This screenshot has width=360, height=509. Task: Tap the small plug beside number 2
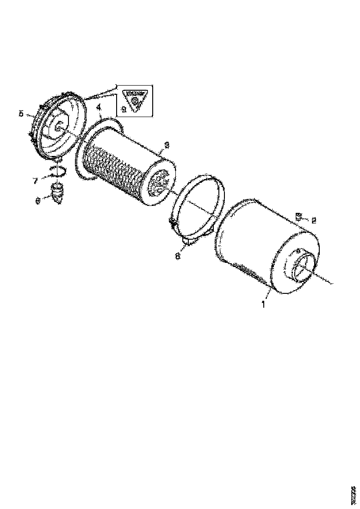tap(298, 216)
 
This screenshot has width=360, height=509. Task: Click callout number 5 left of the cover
tap(21, 113)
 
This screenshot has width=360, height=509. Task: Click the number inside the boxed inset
tap(123, 110)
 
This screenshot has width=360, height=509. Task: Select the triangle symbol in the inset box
tap(134, 99)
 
